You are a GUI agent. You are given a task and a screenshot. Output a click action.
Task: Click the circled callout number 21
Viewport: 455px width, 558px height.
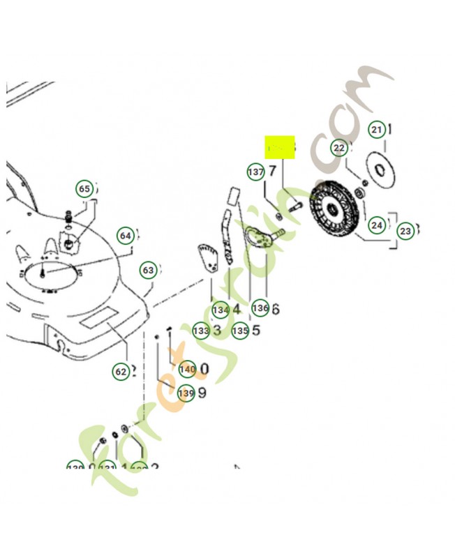click(x=377, y=130)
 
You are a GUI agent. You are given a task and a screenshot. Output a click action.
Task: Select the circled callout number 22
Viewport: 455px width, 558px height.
click(x=339, y=149)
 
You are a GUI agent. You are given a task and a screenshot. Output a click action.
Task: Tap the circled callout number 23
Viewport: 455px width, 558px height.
click(x=405, y=230)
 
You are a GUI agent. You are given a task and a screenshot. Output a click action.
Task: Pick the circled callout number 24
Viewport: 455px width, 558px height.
click(x=377, y=225)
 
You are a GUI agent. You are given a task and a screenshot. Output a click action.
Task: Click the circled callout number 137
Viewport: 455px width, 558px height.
click(x=255, y=172)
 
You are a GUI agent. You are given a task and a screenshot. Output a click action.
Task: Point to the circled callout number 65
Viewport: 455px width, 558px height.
click(x=84, y=189)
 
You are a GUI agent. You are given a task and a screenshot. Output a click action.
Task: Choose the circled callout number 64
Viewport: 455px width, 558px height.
click(x=125, y=236)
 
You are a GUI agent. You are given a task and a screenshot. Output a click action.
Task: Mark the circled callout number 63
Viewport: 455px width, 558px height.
click(x=148, y=270)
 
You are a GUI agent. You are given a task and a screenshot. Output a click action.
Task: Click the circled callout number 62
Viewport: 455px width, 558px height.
click(x=121, y=372)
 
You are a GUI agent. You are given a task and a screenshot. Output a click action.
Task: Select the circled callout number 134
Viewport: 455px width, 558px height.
click(x=221, y=309)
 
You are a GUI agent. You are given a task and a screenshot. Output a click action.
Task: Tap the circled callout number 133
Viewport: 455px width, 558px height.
click(x=201, y=331)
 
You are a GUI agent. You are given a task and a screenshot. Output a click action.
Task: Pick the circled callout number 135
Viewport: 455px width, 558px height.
click(x=240, y=331)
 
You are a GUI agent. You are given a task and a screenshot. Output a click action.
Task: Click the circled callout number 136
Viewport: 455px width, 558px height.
click(x=260, y=308)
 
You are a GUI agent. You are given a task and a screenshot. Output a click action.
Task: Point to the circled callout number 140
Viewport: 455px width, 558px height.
click(x=187, y=368)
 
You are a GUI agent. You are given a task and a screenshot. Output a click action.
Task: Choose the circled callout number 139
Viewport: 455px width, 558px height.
click(x=186, y=393)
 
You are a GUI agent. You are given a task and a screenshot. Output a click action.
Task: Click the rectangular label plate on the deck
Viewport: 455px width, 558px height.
click(x=98, y=319)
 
